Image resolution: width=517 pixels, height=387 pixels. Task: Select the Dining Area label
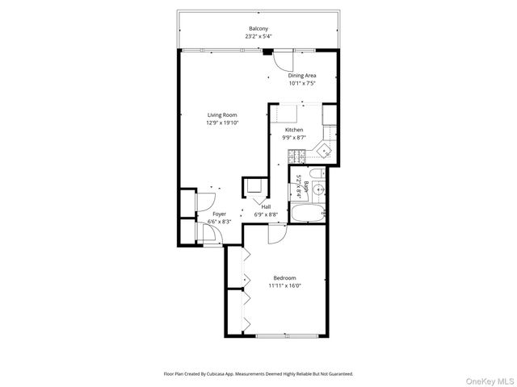(301, 76)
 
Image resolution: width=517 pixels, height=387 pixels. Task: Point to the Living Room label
(220, 115)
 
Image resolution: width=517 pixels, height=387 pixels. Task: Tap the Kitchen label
(293, 129)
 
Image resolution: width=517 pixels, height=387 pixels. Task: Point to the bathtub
(308, 214)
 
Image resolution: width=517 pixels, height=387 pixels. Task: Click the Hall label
(266, 207)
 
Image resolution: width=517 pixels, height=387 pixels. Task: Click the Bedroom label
(284, 278)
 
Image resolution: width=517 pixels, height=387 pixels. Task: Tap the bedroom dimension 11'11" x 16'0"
(284, 285)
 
